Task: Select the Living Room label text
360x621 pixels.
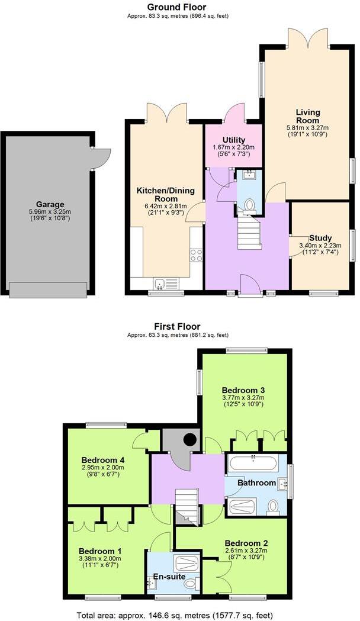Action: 307,116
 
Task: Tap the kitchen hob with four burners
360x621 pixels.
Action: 196,255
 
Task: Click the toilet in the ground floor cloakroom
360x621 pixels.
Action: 249,205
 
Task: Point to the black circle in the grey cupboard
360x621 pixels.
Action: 190,440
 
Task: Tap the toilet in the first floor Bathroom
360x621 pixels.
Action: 273,507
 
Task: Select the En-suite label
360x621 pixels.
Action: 169,576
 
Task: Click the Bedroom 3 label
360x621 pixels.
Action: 243,390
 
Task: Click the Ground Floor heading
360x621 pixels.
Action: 178,7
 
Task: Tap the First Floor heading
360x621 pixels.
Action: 178,326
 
